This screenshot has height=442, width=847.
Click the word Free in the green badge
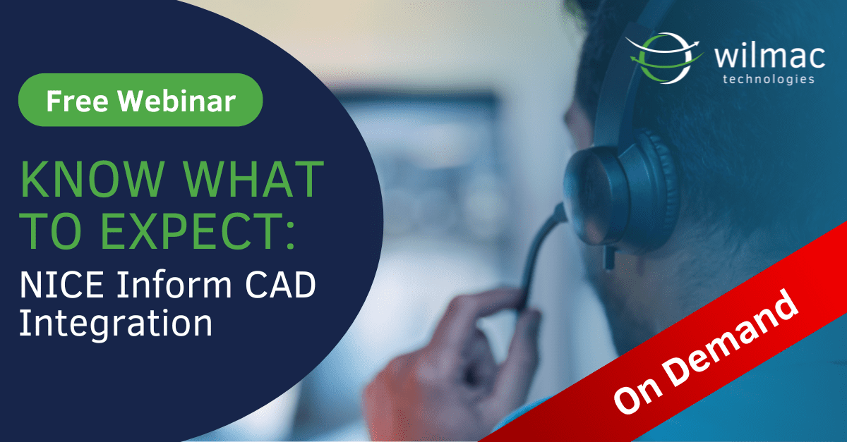(77, 102)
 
